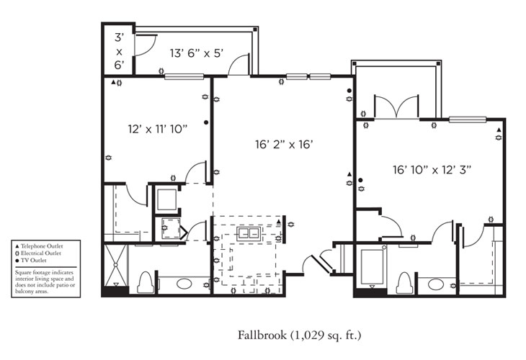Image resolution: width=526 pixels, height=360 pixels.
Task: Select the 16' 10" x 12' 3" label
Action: pyautogui.click(x=431, y=171)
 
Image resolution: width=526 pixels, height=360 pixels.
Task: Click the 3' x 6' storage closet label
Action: pyautogui.click(x=118, y=50)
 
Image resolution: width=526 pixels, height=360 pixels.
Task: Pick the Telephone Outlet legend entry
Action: pyautogui.click(x=43, y=246)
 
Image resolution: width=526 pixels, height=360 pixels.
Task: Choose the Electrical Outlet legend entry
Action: pyautogui.click(x=43, y=253)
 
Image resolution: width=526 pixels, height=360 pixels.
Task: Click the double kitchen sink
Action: pyautogui.click(x=249, y=234)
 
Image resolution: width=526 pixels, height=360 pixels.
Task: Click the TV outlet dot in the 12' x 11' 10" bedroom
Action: pyautogui.click(x=206, y=123)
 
